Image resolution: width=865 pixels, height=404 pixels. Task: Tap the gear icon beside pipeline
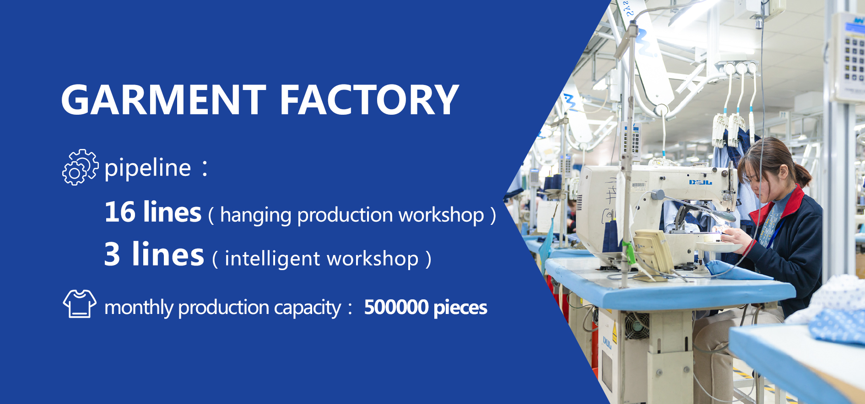[x=80, y=167]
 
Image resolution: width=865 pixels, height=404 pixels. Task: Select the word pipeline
[x=147, y=168]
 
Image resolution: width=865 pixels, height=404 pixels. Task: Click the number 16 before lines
[x=120, y=212]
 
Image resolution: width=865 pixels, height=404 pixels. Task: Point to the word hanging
[x=255, y=215]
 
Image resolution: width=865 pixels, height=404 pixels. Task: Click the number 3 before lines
[x=112, y=254]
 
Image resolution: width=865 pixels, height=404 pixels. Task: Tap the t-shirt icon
[x=80, y=303]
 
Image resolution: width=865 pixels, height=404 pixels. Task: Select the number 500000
[x=396, y=307]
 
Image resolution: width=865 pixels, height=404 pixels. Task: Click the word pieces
[x=460, y=308]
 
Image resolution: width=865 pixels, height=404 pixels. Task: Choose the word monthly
[x=139, y=308]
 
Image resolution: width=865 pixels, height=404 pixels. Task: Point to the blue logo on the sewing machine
[x=700, y=182]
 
